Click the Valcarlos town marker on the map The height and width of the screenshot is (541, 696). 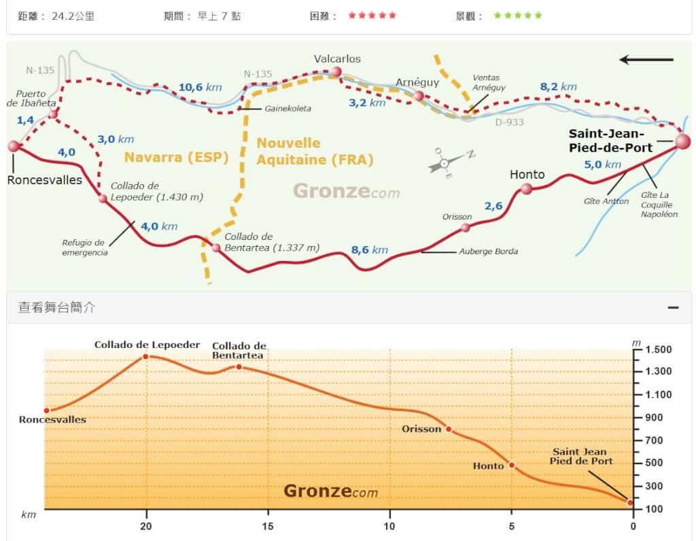point(336,71)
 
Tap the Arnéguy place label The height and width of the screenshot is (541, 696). point(417,82)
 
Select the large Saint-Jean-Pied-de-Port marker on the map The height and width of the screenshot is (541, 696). point(682,141)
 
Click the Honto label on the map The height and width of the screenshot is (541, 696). point(527,175)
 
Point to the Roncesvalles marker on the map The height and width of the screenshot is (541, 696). point(14,146)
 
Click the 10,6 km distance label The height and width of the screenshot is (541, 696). point(200,87)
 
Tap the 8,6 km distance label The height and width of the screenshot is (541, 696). point(370,250)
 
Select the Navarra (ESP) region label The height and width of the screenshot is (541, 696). point(176,157)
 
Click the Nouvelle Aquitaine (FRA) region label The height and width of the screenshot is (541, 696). point(315,152)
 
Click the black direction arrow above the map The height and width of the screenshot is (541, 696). point(646,60)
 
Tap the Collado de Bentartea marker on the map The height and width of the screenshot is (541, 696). point(216,247)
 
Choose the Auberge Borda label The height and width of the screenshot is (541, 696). point(488,251)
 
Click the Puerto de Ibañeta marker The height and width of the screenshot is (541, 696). point(53,114)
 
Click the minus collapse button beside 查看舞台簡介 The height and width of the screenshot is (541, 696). point(673,308)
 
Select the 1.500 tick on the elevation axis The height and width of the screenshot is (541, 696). point(658,349)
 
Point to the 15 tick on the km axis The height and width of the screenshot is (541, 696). point(268,526)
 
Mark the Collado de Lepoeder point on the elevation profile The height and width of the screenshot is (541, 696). point(145,356)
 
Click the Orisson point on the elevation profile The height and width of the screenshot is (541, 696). point(449,429)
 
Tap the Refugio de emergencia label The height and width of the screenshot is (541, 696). point(84,247)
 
